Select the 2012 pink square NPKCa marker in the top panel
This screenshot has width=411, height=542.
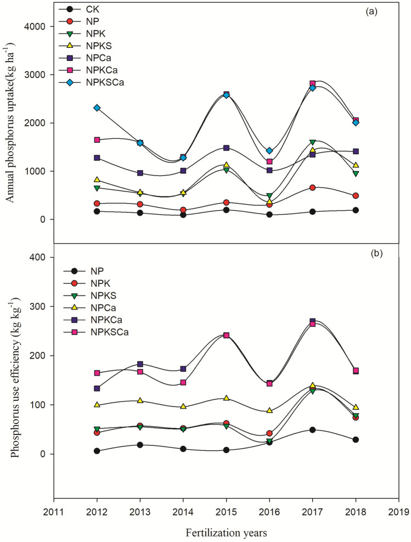[x=97, y=140]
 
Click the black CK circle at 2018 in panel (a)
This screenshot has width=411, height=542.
[x=356, y=210]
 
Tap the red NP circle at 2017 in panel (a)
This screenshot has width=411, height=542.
[x=313, y=188]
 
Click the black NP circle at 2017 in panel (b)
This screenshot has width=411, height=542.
[x=313, y=430]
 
